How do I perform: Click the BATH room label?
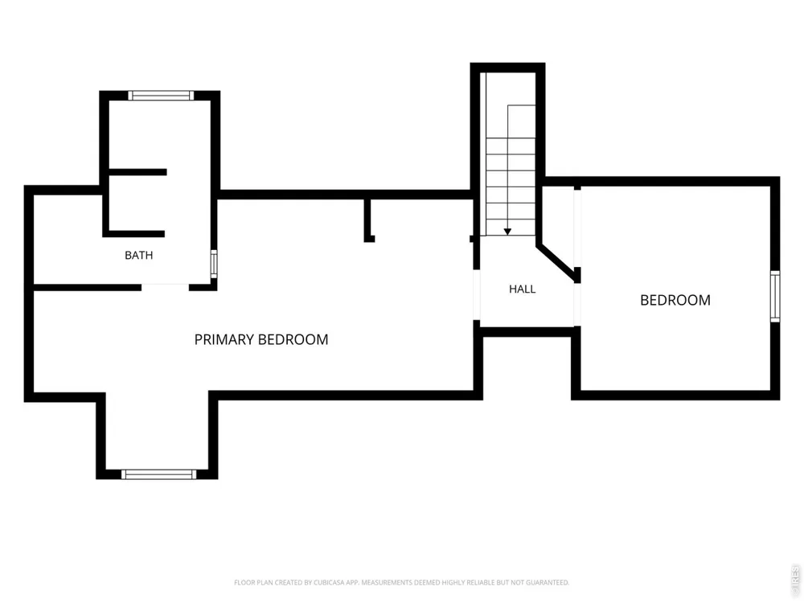click(138, 255)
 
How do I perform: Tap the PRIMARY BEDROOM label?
click(261, 339)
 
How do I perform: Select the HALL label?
click(522, 289)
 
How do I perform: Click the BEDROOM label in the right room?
click(675, 300)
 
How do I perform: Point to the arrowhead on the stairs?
click(507, 232)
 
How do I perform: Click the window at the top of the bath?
click(161, 96)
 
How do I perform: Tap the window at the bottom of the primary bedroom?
click(158, 474)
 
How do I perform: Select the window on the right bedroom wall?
click(775, 297)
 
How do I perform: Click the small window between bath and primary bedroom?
click(214, 264)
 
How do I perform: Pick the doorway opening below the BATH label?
click(165, 287)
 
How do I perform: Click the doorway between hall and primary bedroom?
click(476, 295)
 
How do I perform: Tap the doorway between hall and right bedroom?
click(576, 305)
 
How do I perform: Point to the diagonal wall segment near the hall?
click(557, 263)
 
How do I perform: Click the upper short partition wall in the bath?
click(138, 172)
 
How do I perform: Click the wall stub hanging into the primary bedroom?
click(368, 219)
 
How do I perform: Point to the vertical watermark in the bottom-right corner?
click(796, 577)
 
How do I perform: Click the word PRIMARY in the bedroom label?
click(224, 339)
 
